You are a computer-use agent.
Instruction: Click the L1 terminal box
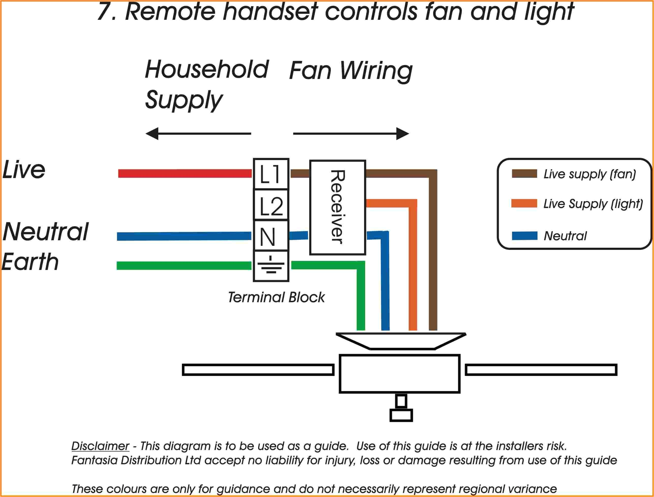click(x=271, y=174)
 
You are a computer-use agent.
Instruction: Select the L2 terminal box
click(x=271, y=205)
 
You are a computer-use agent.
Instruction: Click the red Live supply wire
click(x=185, y=173)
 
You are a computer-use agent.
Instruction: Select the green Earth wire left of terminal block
click(x=183, y=266)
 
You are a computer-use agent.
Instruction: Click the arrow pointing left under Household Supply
click(x=198, y=134)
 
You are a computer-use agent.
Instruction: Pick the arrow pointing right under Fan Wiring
click(x=351, y=134)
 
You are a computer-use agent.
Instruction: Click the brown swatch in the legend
click(x=524, y=174)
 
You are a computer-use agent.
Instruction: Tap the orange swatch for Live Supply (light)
click(x=524, y=203)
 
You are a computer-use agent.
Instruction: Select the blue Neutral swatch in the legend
click(x=524, y=236)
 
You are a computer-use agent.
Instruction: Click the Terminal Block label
click(x=276, y=297)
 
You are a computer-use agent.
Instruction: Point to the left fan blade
click(x=258, y=370)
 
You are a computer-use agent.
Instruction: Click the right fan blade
click(x=541, y=370)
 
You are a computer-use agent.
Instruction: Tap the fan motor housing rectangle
click(x=399, y=374)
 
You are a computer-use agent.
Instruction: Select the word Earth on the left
click(x=30, y=262)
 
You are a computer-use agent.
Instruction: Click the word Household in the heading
click(x=207, y=69)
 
